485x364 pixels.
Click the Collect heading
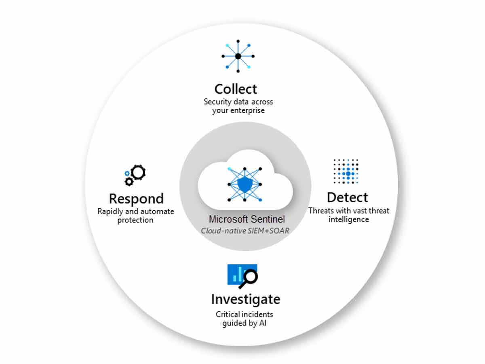tap(236, 89)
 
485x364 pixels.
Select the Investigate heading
tap(246, 300)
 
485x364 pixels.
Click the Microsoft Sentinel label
tap(247, 219)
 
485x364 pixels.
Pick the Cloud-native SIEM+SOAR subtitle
tap(245, 231)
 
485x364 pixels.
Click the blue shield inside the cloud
tap(245, 184)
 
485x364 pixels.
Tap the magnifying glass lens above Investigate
tap(251, 276)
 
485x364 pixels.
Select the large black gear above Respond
tap(138, 172)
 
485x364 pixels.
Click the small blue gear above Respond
tap(127, 174)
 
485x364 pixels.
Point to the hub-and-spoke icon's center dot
tap(238, 56)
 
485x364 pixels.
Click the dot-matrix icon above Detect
tap(346, 171)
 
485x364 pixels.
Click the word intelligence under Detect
tap(349, 220)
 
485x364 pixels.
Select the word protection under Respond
tap(135, 220)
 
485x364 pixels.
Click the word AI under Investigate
tap(263, 323)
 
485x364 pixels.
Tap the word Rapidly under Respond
tap(110, 212)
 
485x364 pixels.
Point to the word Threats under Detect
tap(321, 211)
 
